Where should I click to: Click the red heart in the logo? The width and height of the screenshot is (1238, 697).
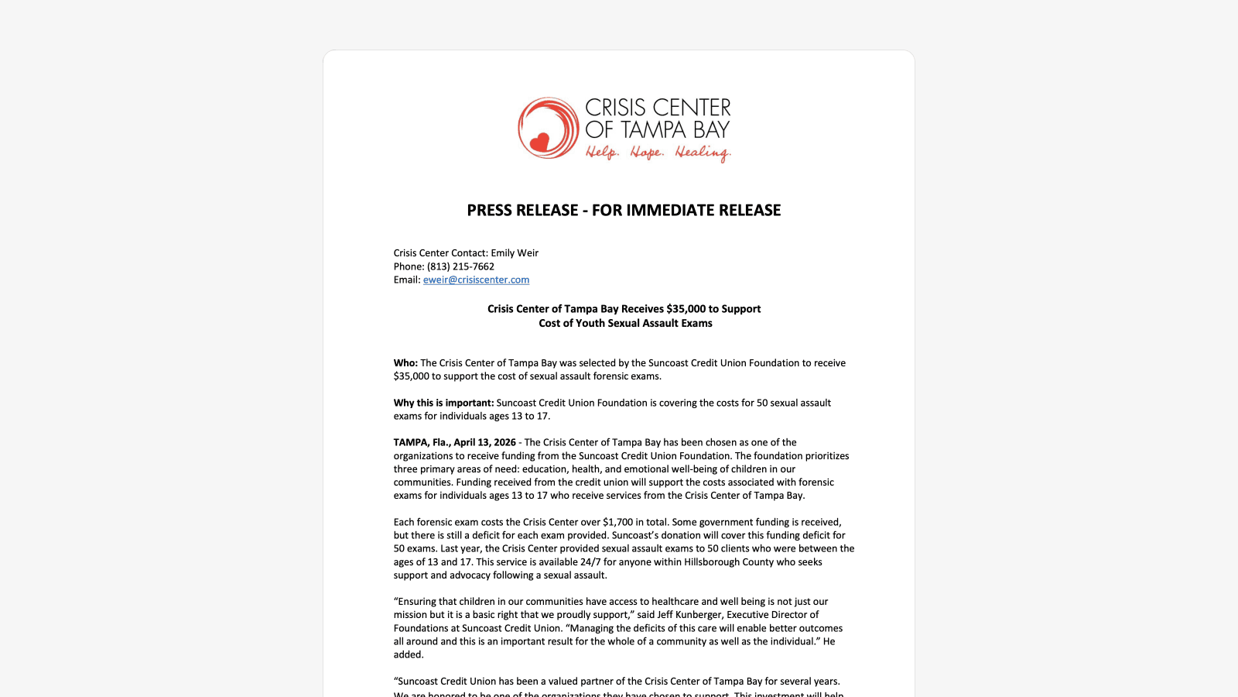click(x=539, y=142)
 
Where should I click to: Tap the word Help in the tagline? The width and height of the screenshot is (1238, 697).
click(x=601, y=152)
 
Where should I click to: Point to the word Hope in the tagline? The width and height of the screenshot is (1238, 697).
click(x=646, y=152)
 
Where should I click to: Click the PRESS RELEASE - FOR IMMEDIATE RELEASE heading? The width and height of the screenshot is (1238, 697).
click(x=624, y=210)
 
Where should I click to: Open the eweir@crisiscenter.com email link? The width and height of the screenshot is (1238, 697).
click(x=476, y=280)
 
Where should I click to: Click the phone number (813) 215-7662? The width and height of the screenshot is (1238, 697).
click(x=460, y=266)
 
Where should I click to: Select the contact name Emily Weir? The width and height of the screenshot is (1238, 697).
click(x=515, y=253)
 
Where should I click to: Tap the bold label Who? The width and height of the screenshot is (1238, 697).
click(x=405, y=363)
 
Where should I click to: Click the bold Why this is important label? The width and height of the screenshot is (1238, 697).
click(x=443, y=403)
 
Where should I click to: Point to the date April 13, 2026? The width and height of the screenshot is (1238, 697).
click(x=484, y=443)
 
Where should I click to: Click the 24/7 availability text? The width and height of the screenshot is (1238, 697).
click(x=587, y=562)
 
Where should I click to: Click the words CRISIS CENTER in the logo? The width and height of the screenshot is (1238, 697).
click(x=658, y=108)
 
